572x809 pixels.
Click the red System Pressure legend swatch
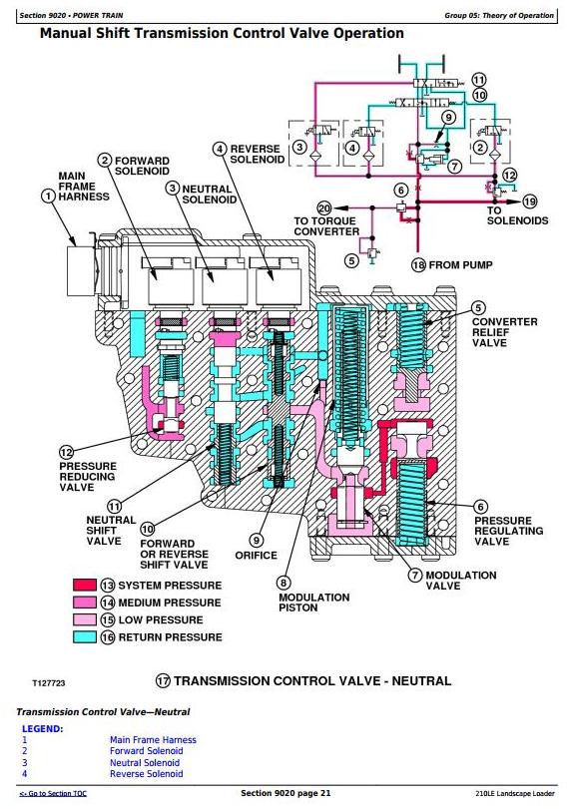click(85, 585)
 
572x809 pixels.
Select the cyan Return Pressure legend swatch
click(85, 636)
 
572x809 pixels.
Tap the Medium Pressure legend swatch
click(85, 603)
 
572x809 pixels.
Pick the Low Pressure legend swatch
click(85, 619)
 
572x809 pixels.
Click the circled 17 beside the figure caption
click(163, 680)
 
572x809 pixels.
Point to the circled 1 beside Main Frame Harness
click(48, 197)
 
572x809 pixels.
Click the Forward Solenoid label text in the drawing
click(142, 167)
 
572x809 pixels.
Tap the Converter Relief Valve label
click(504, 332)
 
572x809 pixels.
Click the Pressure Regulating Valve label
click(508, 531)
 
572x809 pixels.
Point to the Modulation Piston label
click(313, 603)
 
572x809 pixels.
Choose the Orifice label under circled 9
click(257, 556)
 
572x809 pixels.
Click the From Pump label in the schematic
click(460, 265)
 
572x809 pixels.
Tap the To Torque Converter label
click(326, 226)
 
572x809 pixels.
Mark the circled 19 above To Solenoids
click(530, 202)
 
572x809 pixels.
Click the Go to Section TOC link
click(53, 793)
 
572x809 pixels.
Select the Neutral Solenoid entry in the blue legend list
click(145, 762)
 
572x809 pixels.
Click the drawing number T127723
click(49, 683)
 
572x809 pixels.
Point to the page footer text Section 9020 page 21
click(286, 793)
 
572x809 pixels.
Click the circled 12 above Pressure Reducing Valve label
click(67, 453)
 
